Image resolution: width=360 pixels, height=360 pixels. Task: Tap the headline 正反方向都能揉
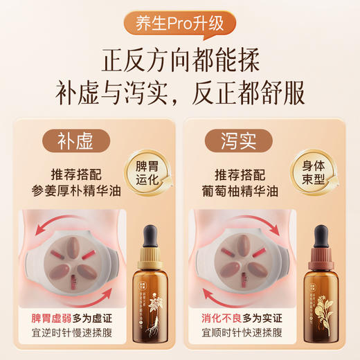click(x=180, y=60)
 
